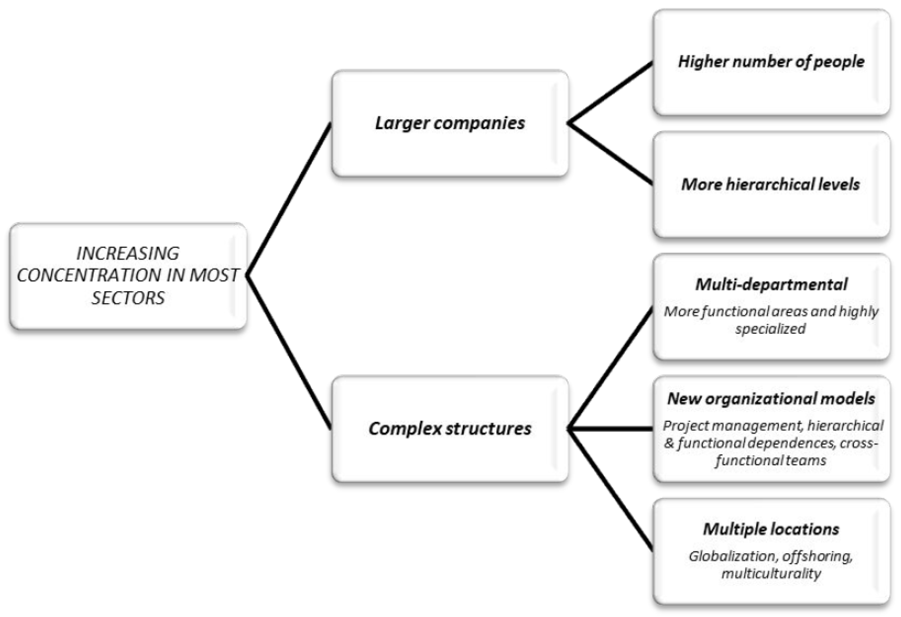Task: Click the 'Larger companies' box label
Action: (x=450, y=123)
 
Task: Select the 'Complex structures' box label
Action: (x=450, y=429)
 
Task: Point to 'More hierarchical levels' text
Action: (x=771, y=184)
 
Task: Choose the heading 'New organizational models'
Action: (x=771, y=399)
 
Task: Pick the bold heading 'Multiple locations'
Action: (x=771, y=529)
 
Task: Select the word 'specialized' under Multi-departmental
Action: (x=770, y=329)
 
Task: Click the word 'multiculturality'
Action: (x=771, y=574)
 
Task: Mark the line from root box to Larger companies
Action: (x=289, y=200)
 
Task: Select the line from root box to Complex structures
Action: (x=289, y=352)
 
